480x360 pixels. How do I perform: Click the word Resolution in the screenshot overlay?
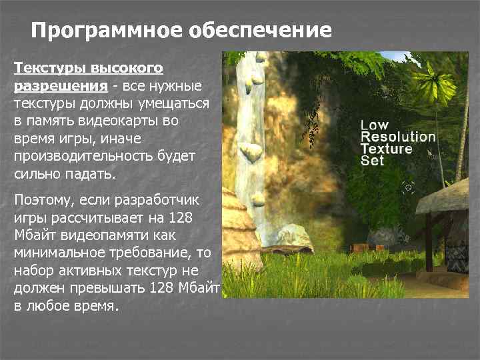pyautogui.click(x=397, y=137)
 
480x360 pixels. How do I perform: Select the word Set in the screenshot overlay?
pyautogui.click(x=372, y=161)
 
